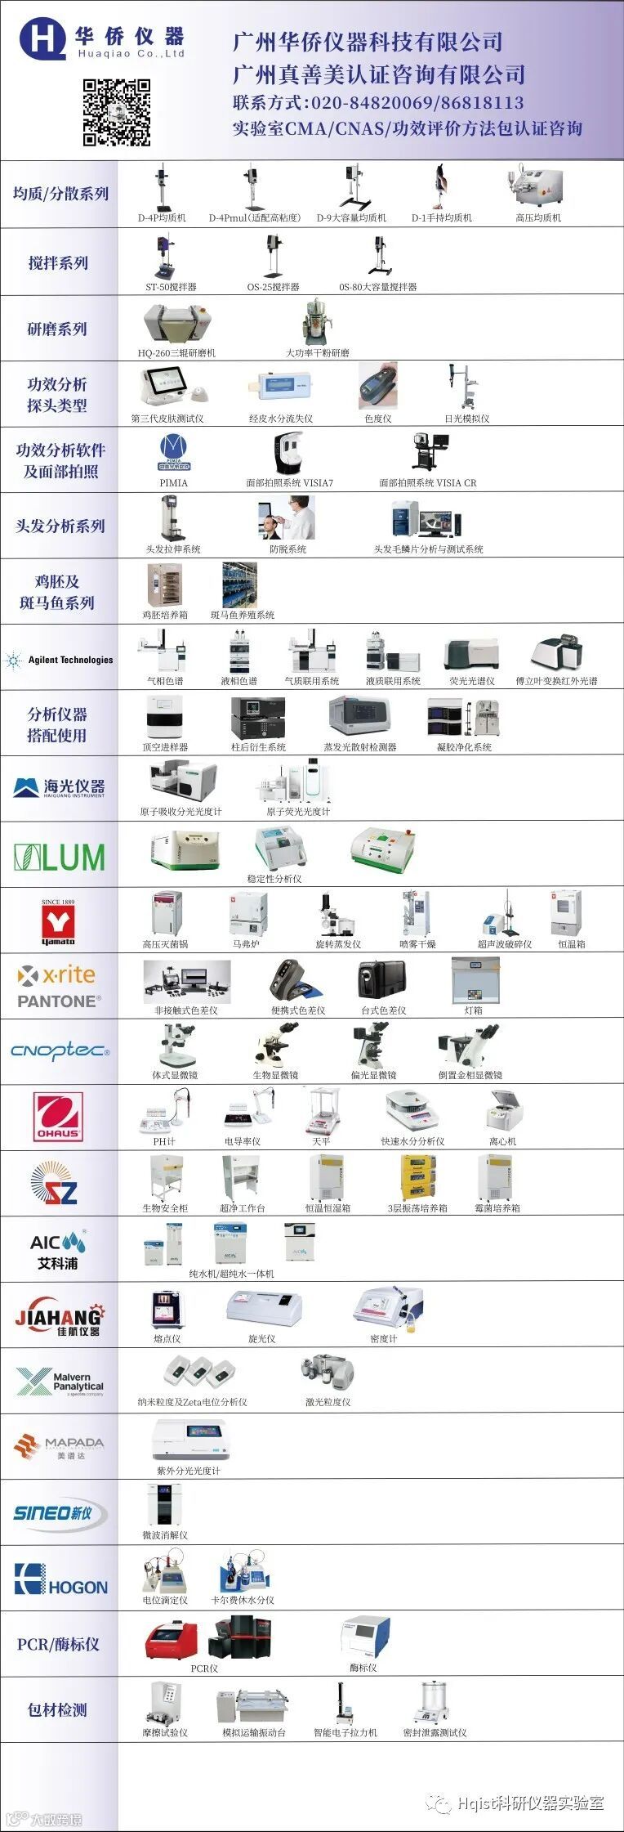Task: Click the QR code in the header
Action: click(117, 112)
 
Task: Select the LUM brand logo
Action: click(60, 857)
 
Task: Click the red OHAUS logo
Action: click(58, 1117)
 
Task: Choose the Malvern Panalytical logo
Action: click(60, 1382)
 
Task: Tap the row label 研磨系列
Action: click(57, 329)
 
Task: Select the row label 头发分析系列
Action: click(60, 526)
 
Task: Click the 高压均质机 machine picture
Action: click(537, 187)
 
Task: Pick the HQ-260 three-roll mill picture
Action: click(177, 325)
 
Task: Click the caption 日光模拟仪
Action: click(466, 419)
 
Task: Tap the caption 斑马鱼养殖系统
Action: click(243, 615)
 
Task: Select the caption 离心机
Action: click(502, 1141)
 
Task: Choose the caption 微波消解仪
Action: click(165, 1535)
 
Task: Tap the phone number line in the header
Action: click(378, 103)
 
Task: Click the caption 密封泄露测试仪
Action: click(435, 1732)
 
